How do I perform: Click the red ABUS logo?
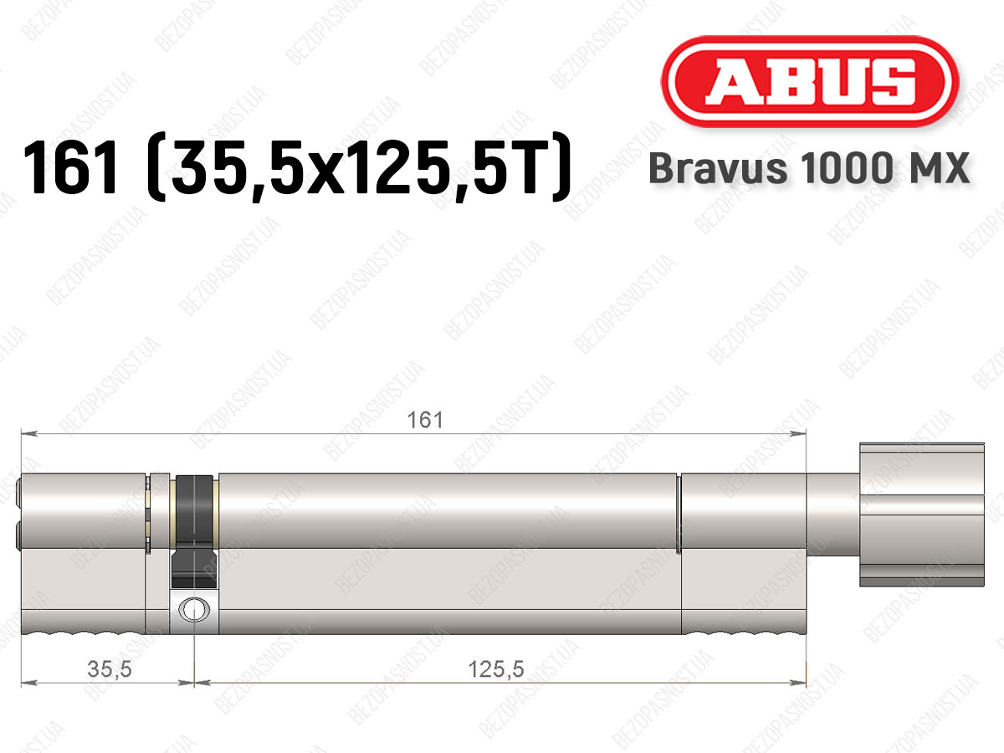[x=810, y=81]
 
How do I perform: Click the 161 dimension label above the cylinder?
[x=425, y=420]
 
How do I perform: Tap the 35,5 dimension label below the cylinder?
[x=110, y=669]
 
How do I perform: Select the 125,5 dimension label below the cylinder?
[x=496, y=669]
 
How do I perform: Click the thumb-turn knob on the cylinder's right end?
[x=922, y=515]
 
